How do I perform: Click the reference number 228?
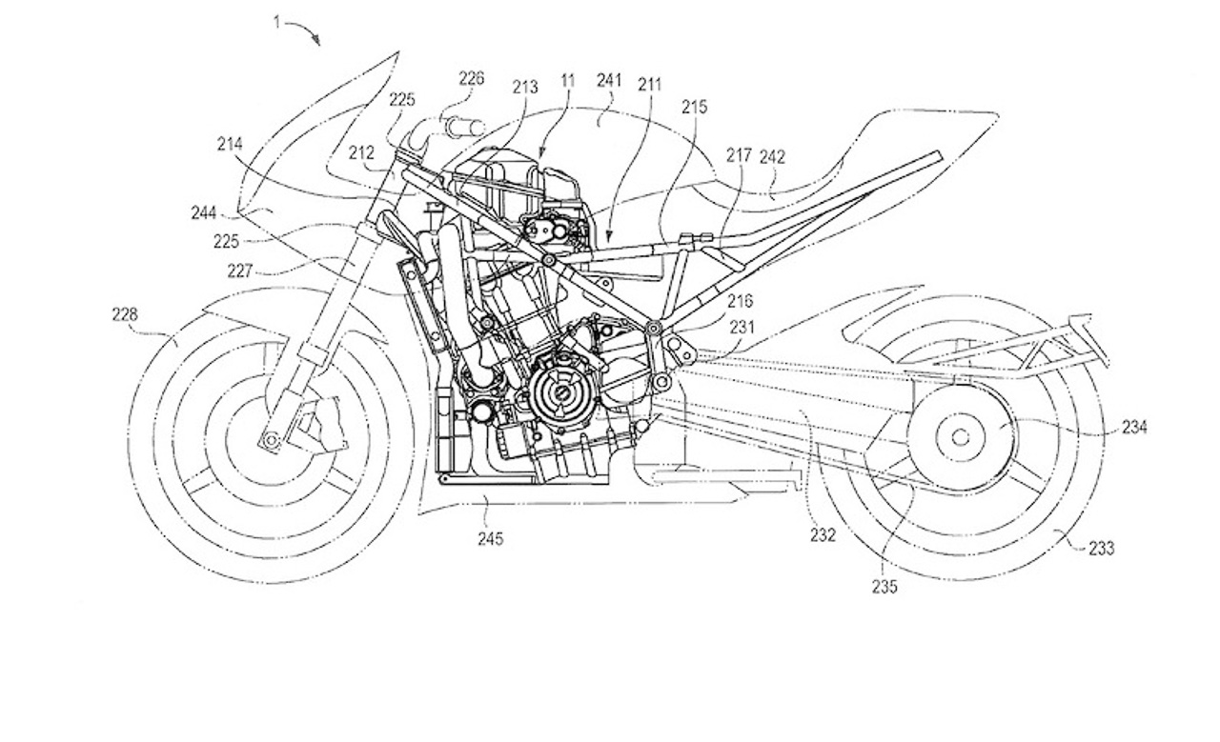pyautogui.click(x=125, y=314)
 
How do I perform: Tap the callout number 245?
pyautogui.click(x=490, y=539)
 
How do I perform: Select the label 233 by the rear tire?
pyautogui.click(x=1101, y=549)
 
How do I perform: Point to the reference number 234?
pyautogui.click(x=1134, y=428)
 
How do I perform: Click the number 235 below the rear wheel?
pyautogui.click(x=884, y=587)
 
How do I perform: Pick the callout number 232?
pyautogui.click(x=823, y=535)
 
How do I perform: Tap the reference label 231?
pyautogui.click(x=742, y=327)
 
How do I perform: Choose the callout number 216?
pyautogui.click(x=740, y=301)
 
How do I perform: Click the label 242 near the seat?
pyautogui.click(x=772, y=157)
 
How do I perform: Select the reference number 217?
pyautogui.click(x=739, y=155)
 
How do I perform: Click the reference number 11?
pyautogui.click(x=567, y=81)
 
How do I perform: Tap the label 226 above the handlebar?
pyautogui.click(x=471, y=79)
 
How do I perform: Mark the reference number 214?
pyautogui.click(x=230, y=144)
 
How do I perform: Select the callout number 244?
pyautogui.click(x=204, y=212)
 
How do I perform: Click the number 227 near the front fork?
pyautogui.click(x=240, y=271)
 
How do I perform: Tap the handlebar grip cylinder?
pyautogui.click(x=466, y=128)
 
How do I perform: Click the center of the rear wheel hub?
pyautogui.click(x=960, y=437)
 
